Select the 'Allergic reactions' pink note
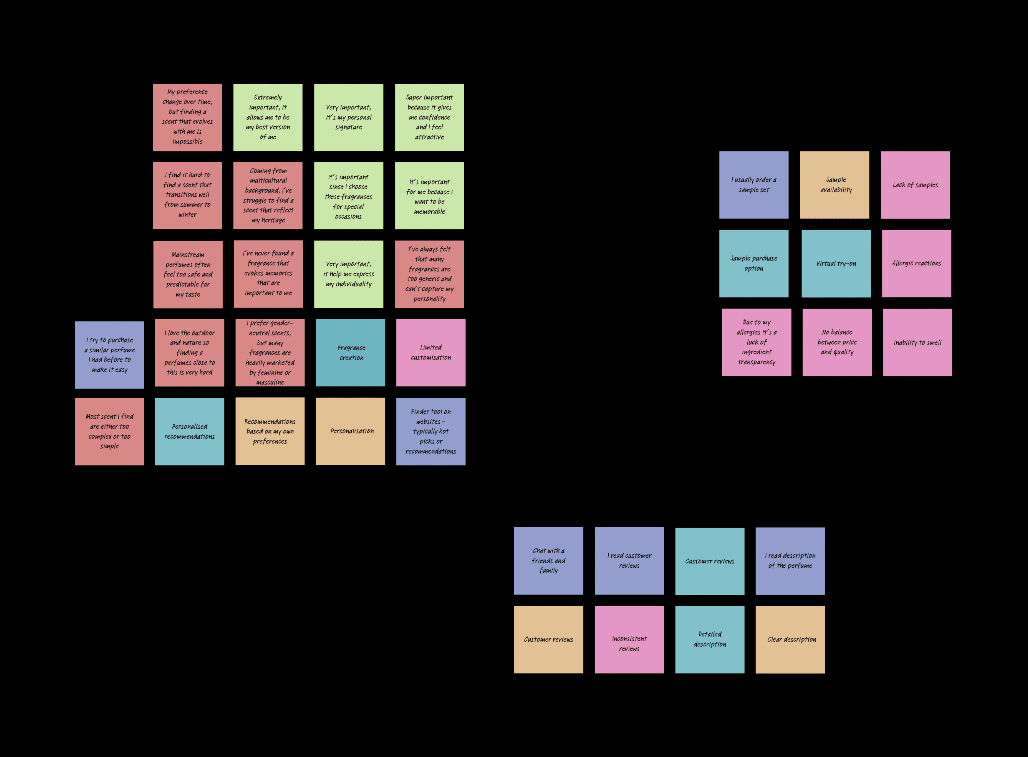[916, 263]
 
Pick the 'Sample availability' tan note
[835, 185]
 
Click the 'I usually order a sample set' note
[754, 185]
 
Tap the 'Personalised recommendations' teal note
[190, 432]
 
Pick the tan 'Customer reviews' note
[548, 640]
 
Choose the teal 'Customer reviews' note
[710, 561]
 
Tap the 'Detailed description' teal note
[710, 640]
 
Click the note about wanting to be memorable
[429, 196]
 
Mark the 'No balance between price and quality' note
[837, 342]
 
